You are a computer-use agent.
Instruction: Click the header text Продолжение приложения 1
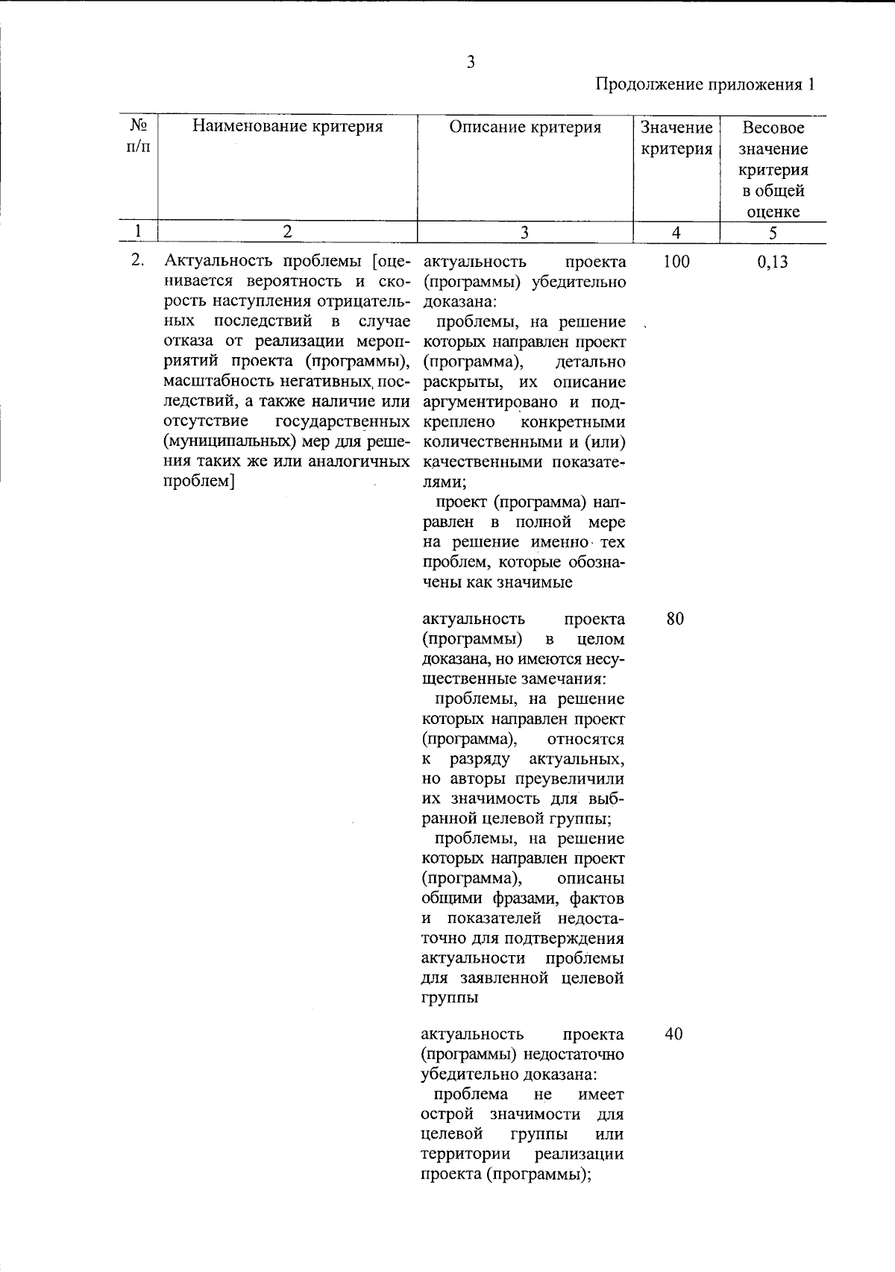[x=704, y=84]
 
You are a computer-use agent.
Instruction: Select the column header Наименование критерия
[x=287, y=127]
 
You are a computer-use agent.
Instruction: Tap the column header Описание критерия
[x=525, y=127]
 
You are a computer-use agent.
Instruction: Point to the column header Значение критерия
[x=676, y=138]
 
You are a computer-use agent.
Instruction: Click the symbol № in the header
[x=136, y=125]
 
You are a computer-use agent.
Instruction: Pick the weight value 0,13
[x=772, y=262]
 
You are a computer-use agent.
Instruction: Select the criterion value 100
[x=676, y=262]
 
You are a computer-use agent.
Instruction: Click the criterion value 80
[x=675, y=619]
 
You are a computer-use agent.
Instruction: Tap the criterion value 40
[x=674, y=1034]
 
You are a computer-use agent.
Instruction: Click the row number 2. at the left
[x=136, y=262]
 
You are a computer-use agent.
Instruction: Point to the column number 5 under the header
[x=773, y=233]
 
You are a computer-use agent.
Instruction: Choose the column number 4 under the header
[x=676, y=233]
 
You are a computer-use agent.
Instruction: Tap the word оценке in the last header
[x=773, y=212]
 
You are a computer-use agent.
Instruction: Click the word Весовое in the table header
[x=773, y=127]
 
